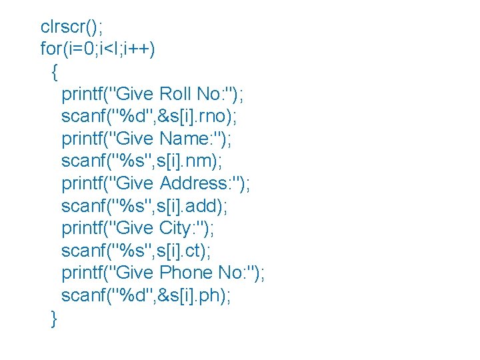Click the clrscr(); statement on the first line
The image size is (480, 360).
72,27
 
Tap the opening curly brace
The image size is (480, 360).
54,71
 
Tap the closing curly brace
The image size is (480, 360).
54,319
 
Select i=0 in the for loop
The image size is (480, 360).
81,49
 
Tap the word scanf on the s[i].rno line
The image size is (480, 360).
82,117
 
